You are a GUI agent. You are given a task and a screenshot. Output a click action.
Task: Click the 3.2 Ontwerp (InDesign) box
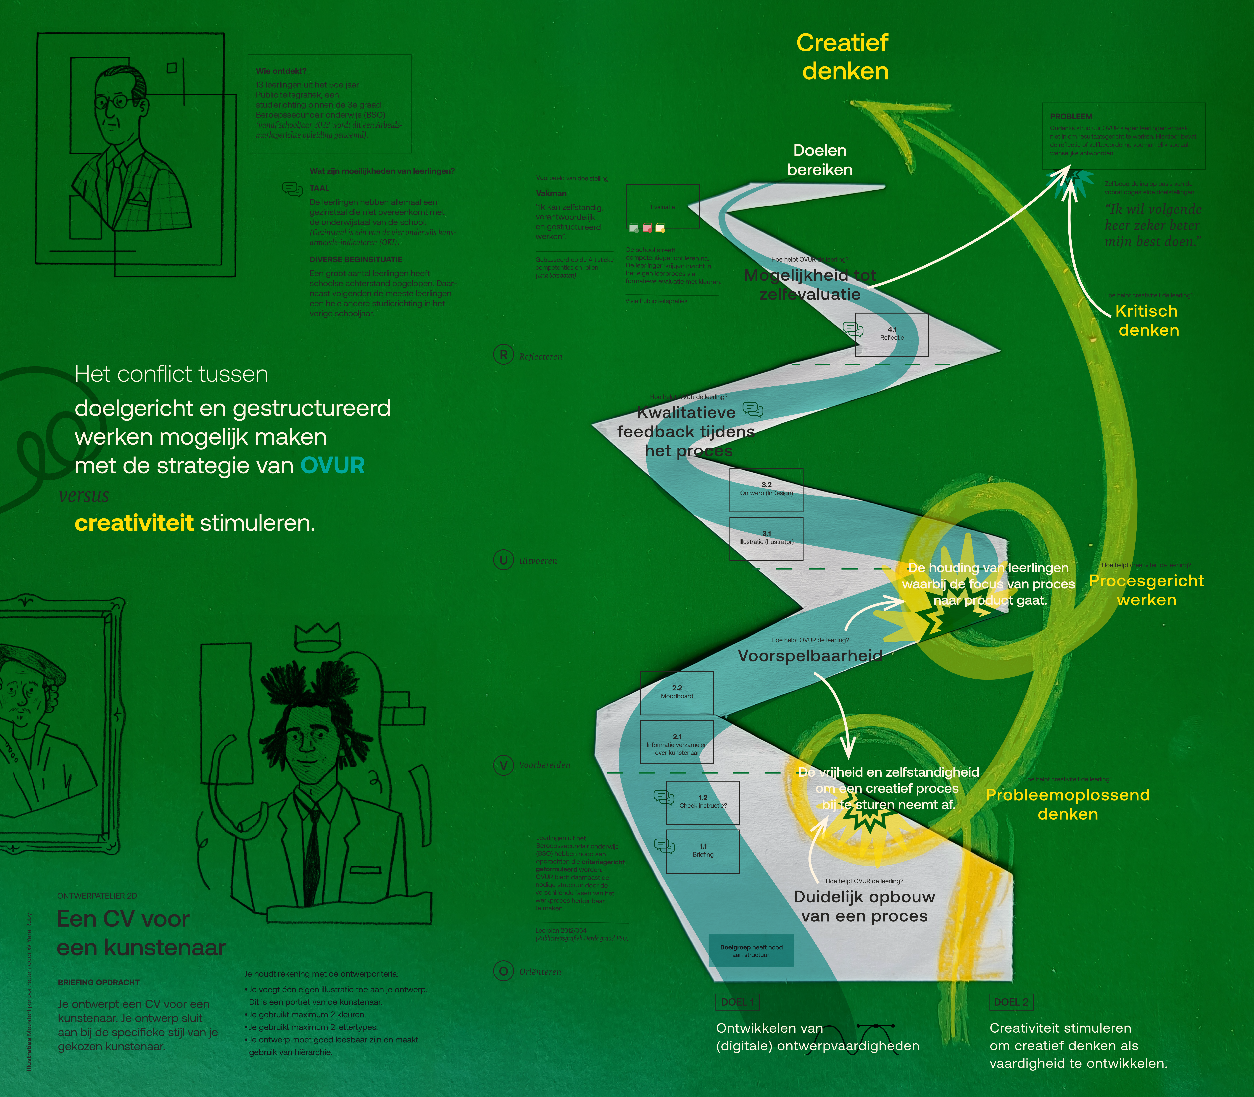(x=766, y=490)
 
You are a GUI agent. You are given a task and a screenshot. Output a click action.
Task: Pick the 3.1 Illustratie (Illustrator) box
(x=766, y=539)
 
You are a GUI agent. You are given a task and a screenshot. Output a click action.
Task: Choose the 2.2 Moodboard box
(x=677, y=692)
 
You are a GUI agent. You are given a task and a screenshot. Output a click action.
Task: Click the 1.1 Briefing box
(x=703, y=851)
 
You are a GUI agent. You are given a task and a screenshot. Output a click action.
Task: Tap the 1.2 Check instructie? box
(x=703, y=802)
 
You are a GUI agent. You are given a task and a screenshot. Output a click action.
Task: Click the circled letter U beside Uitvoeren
(x=503, y=559)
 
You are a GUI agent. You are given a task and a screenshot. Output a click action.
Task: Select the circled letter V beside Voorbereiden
(x=503, y=765)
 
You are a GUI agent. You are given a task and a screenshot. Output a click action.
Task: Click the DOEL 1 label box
(x=737, y=1002)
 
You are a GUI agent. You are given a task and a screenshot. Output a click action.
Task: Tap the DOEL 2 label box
(x=1010, y=1002)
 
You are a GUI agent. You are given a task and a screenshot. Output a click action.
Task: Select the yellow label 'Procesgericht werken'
(x=1146, y=590)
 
